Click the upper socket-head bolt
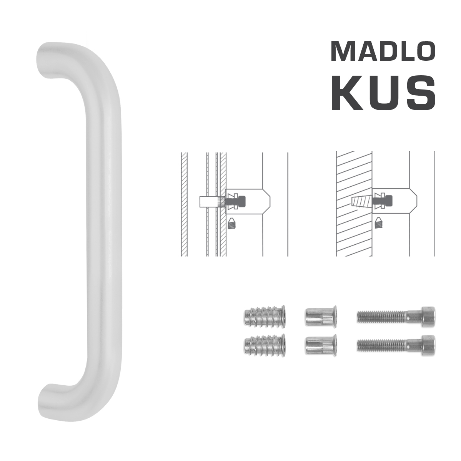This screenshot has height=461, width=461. coord(396,317)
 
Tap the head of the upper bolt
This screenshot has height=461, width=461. coord(426,317)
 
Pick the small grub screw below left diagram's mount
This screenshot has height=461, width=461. coord(231,223)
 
